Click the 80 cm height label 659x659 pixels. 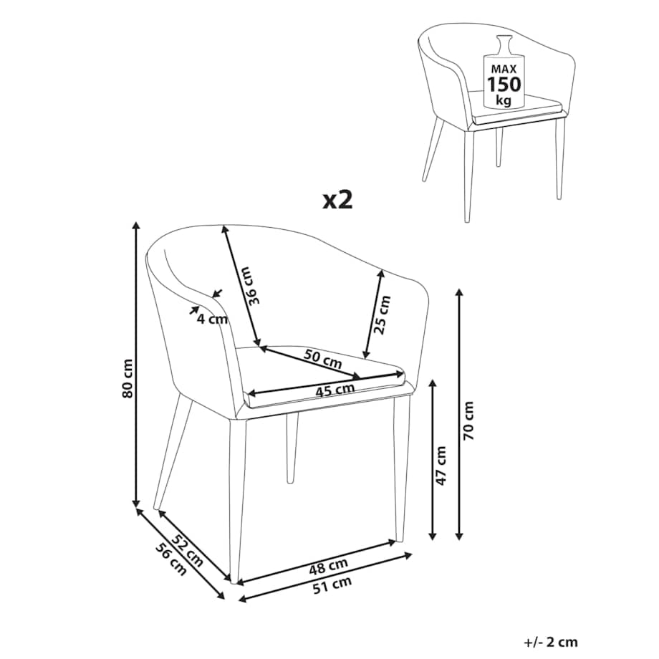(x=128, y=378)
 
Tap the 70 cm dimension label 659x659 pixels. (x=468, y=420)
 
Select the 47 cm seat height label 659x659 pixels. (x=441, y=466)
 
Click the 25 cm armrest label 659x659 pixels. (x=383, y=314)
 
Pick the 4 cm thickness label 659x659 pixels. (x=212, y=319)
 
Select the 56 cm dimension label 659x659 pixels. (x=170, y=559)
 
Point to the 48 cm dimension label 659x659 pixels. (x=328, y=566)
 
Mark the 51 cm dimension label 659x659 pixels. (x=332, y=585)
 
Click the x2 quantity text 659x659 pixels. (x=337, y=201)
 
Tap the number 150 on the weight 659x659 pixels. (x=504, y=85)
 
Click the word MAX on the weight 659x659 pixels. (x=504, y=69)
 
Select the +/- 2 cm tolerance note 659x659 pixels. (x=551, y=643)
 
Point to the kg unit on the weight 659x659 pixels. (x=504, y=100)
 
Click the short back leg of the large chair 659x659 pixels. (x=292, y=447)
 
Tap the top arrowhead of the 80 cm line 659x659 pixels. (x=135, y=225)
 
